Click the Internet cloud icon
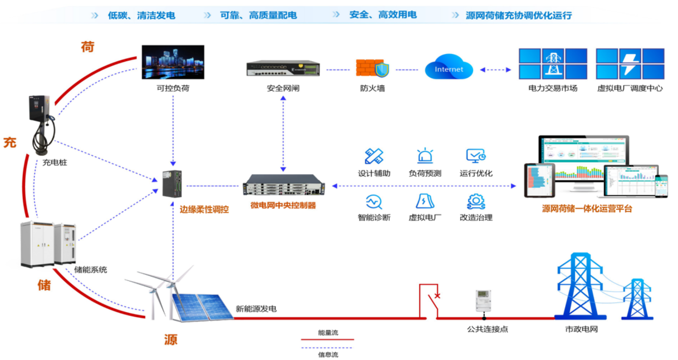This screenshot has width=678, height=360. [x=448, y=70]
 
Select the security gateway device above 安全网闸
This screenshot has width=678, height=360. [x=283, y=68]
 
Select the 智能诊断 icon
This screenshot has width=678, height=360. [x=374, y=201]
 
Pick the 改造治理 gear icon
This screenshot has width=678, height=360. [x=476, y=200]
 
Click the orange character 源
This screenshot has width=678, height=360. [x=170, y=339]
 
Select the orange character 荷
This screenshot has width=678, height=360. [x=87, y=47]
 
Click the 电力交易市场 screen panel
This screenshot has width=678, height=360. [x=553, y=63]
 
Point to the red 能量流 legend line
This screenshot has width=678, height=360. [x=328, y=339]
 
